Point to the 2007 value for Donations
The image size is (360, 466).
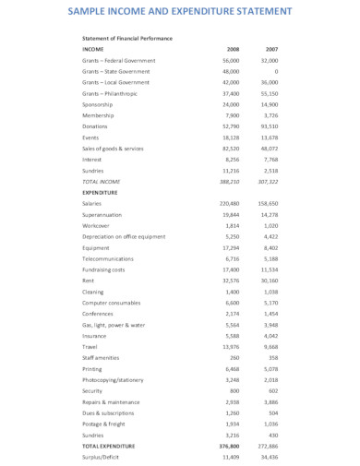(x=270, y=126)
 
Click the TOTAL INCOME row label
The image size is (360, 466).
(x=102, y=182)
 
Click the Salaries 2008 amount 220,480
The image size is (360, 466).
(x=229, y=203)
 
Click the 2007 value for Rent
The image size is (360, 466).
(x=270, y=280)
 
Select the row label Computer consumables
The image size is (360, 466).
(x=112, y=302)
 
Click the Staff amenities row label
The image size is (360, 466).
(x=102, y=357)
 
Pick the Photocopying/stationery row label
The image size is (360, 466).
(x=115, y=379)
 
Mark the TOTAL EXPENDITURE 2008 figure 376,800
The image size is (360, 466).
(x=229, y=445)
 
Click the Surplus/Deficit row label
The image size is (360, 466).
(x=102, y=456)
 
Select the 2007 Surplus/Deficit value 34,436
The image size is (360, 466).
(x=270, y=456)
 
